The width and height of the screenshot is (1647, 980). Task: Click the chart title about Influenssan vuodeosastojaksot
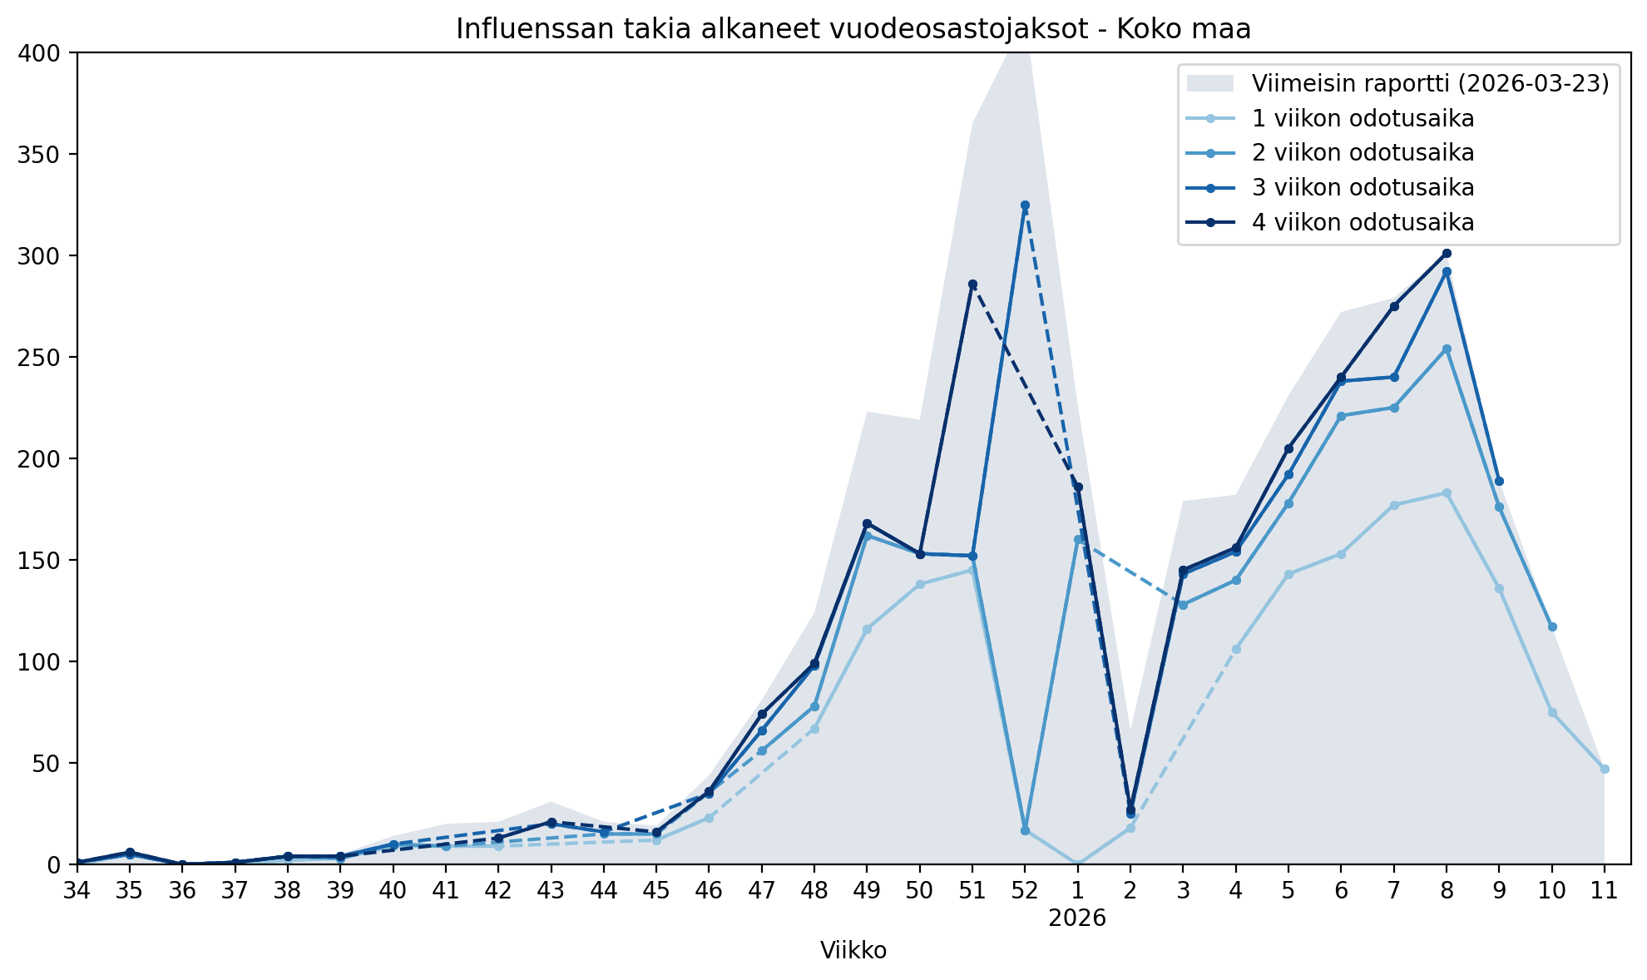click(x=853, y=29)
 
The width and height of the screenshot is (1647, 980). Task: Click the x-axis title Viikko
click(x=853, y=950)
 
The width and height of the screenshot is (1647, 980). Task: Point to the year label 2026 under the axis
click(x=1077, y=918)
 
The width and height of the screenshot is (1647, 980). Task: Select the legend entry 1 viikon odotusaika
click(x=1363, y=118)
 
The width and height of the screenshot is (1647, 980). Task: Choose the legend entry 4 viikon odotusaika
click(x=1363, y=222)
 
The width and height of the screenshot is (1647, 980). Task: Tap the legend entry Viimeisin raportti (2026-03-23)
click(x=1430, y=83)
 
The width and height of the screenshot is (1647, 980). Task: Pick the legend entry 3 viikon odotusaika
click(x=1363, y=187)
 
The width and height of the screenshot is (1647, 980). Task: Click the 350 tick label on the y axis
click(x=38, y=155)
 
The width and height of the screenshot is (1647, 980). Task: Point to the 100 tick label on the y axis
click(x=38, y=662)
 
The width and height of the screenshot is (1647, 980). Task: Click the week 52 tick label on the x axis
click(x=1025, y=891)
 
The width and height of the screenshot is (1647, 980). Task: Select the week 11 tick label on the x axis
click(x=1605, y=891)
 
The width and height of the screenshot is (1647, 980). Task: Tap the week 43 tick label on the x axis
click(x=551, y=891)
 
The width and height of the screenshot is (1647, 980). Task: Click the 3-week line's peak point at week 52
click(x=1025, y=205)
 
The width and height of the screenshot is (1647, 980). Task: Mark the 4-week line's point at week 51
click(x=972, y=285)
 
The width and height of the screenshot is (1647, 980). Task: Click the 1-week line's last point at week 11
click(x=1605, y=769)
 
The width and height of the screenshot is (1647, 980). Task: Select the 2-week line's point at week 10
click(x=1552, y=626)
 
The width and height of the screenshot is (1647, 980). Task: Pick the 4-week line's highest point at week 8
click(x=1447, y=253)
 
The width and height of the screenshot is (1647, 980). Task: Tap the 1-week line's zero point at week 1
click(x=1078, y=864)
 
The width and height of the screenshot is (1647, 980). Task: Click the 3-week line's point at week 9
click(x=1499, y=481)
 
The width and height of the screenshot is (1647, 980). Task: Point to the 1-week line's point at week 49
click(x=867, y=629)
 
